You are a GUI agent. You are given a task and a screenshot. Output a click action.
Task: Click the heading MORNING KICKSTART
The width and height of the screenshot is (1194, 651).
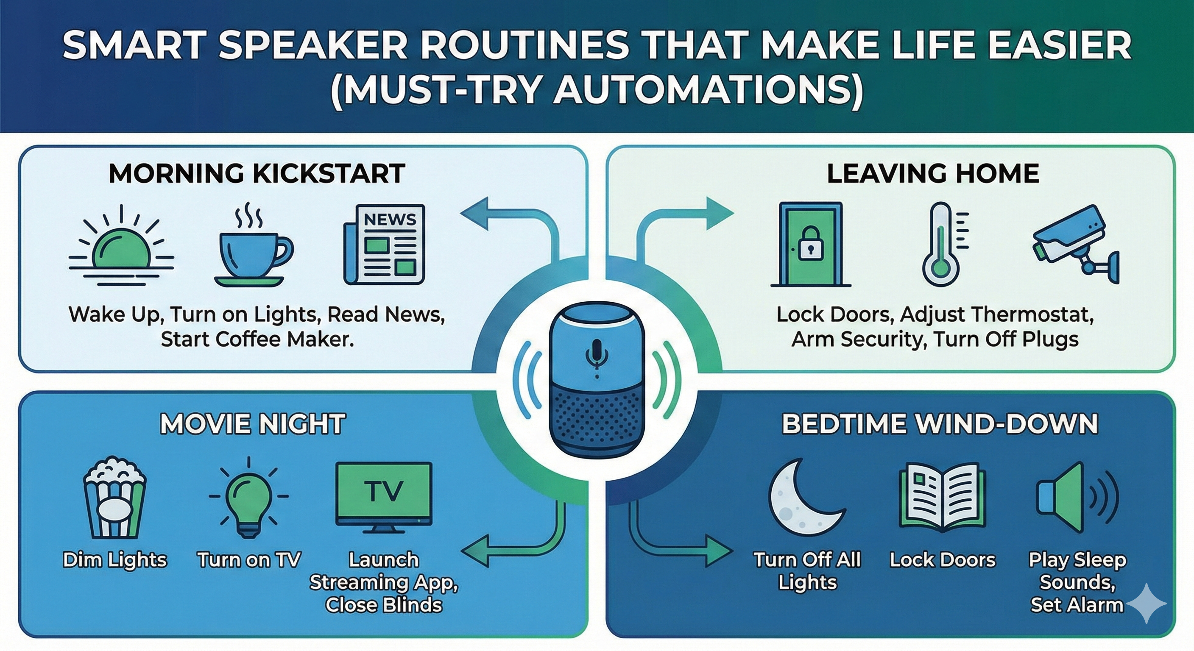tap(257, 174)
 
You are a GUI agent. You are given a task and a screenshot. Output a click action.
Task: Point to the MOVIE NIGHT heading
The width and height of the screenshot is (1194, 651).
tap(253, 424)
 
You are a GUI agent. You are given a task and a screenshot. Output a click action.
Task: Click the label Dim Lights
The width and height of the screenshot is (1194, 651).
tap(114, 560)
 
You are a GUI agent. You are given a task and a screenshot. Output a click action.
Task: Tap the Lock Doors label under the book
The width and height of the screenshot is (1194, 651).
tap(942, 560)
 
